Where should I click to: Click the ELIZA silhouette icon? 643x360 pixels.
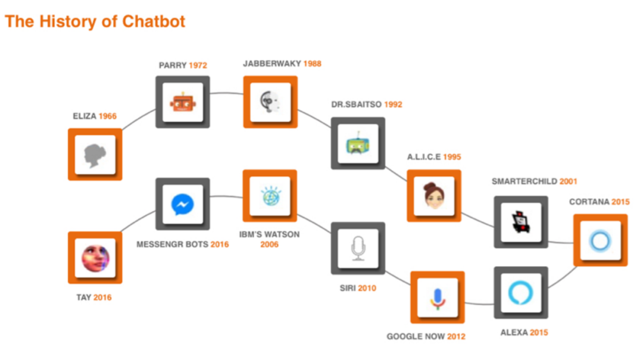coord(95,155)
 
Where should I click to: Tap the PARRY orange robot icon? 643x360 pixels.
coord(183,102)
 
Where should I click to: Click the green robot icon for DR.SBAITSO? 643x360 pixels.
coord(358,143)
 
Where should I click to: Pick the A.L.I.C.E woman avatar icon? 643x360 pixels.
coord(433,196)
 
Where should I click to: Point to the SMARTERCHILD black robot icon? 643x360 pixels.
coord(521,223)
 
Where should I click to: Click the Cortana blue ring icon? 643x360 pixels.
coord(600,240)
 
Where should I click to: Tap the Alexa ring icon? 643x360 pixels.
coord(521,293)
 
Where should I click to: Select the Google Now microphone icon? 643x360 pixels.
coord(438,297)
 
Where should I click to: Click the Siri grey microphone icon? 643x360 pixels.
coord(358,249)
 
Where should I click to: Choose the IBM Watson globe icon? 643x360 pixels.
coord(270,196)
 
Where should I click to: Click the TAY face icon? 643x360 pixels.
coord(95,258)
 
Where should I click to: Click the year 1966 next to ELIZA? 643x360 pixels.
coord(108,116)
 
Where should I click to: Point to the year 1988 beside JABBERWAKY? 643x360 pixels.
coord(312,64)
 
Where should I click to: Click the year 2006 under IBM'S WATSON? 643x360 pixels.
coord(269,245)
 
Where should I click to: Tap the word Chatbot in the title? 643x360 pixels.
coord(154,22)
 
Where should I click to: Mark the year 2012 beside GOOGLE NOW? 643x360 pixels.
coord(456,337)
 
